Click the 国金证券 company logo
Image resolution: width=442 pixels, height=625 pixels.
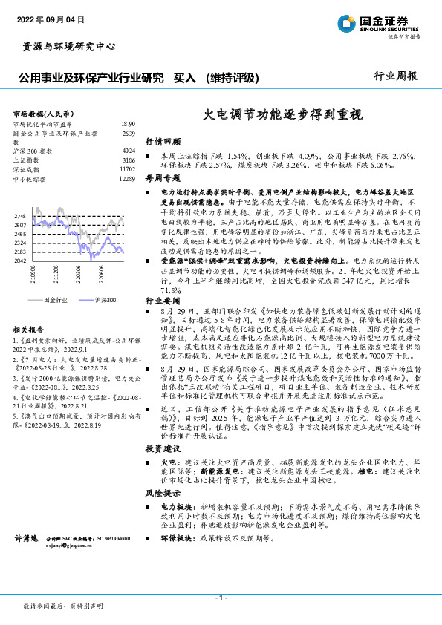pyautogui.click(x=379, y=23)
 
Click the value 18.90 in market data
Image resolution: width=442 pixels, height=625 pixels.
pyautogui.click(x=128, y=124)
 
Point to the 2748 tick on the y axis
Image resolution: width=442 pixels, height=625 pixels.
pyautogui.click(x=20, y=215)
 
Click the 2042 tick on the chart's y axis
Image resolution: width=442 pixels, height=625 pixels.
pyautogui.click(x=20, y=261)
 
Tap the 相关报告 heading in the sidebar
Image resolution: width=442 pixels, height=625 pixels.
pyautogui.click(x=30, y=327)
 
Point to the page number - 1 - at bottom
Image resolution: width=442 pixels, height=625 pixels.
pyautogui.click(x=221, y=597)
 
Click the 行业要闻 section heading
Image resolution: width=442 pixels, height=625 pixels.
pyautogui.click(x=163, y=302)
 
